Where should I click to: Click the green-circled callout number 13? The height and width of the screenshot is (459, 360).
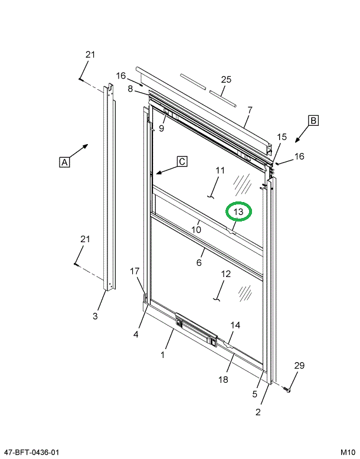[x=238, y=211]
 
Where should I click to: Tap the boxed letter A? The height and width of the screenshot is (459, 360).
[x=64, y=161]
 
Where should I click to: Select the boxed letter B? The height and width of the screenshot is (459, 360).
[x=313, y=121]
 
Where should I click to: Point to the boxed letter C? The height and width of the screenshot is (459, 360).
[x=182, y=161]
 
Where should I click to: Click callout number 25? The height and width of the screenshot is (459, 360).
[x=226, y=79]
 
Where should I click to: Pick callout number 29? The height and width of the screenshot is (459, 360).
[x=299, y=366]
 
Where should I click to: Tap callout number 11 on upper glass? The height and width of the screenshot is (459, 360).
[x=220, y=171]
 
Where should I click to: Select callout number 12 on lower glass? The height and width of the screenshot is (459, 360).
[x=226, y=274]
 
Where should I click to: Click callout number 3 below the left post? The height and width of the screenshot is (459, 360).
[x=95, y=317]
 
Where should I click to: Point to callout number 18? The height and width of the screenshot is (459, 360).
[x=223, y=380]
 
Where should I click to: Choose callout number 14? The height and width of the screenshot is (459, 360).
[x=235, y=325]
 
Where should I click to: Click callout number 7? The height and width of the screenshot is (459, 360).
[x=250, y=110]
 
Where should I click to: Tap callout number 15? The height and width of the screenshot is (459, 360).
[x=282, y=137]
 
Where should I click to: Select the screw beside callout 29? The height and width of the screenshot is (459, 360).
[x=288, y=390]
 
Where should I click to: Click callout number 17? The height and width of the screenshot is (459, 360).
[x=135, y=271]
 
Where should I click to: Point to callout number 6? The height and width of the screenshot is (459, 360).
[x=199, y=262]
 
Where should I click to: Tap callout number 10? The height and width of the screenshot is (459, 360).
[x=197, y=229]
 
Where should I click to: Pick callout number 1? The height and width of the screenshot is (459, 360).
[x=163, y=355]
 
